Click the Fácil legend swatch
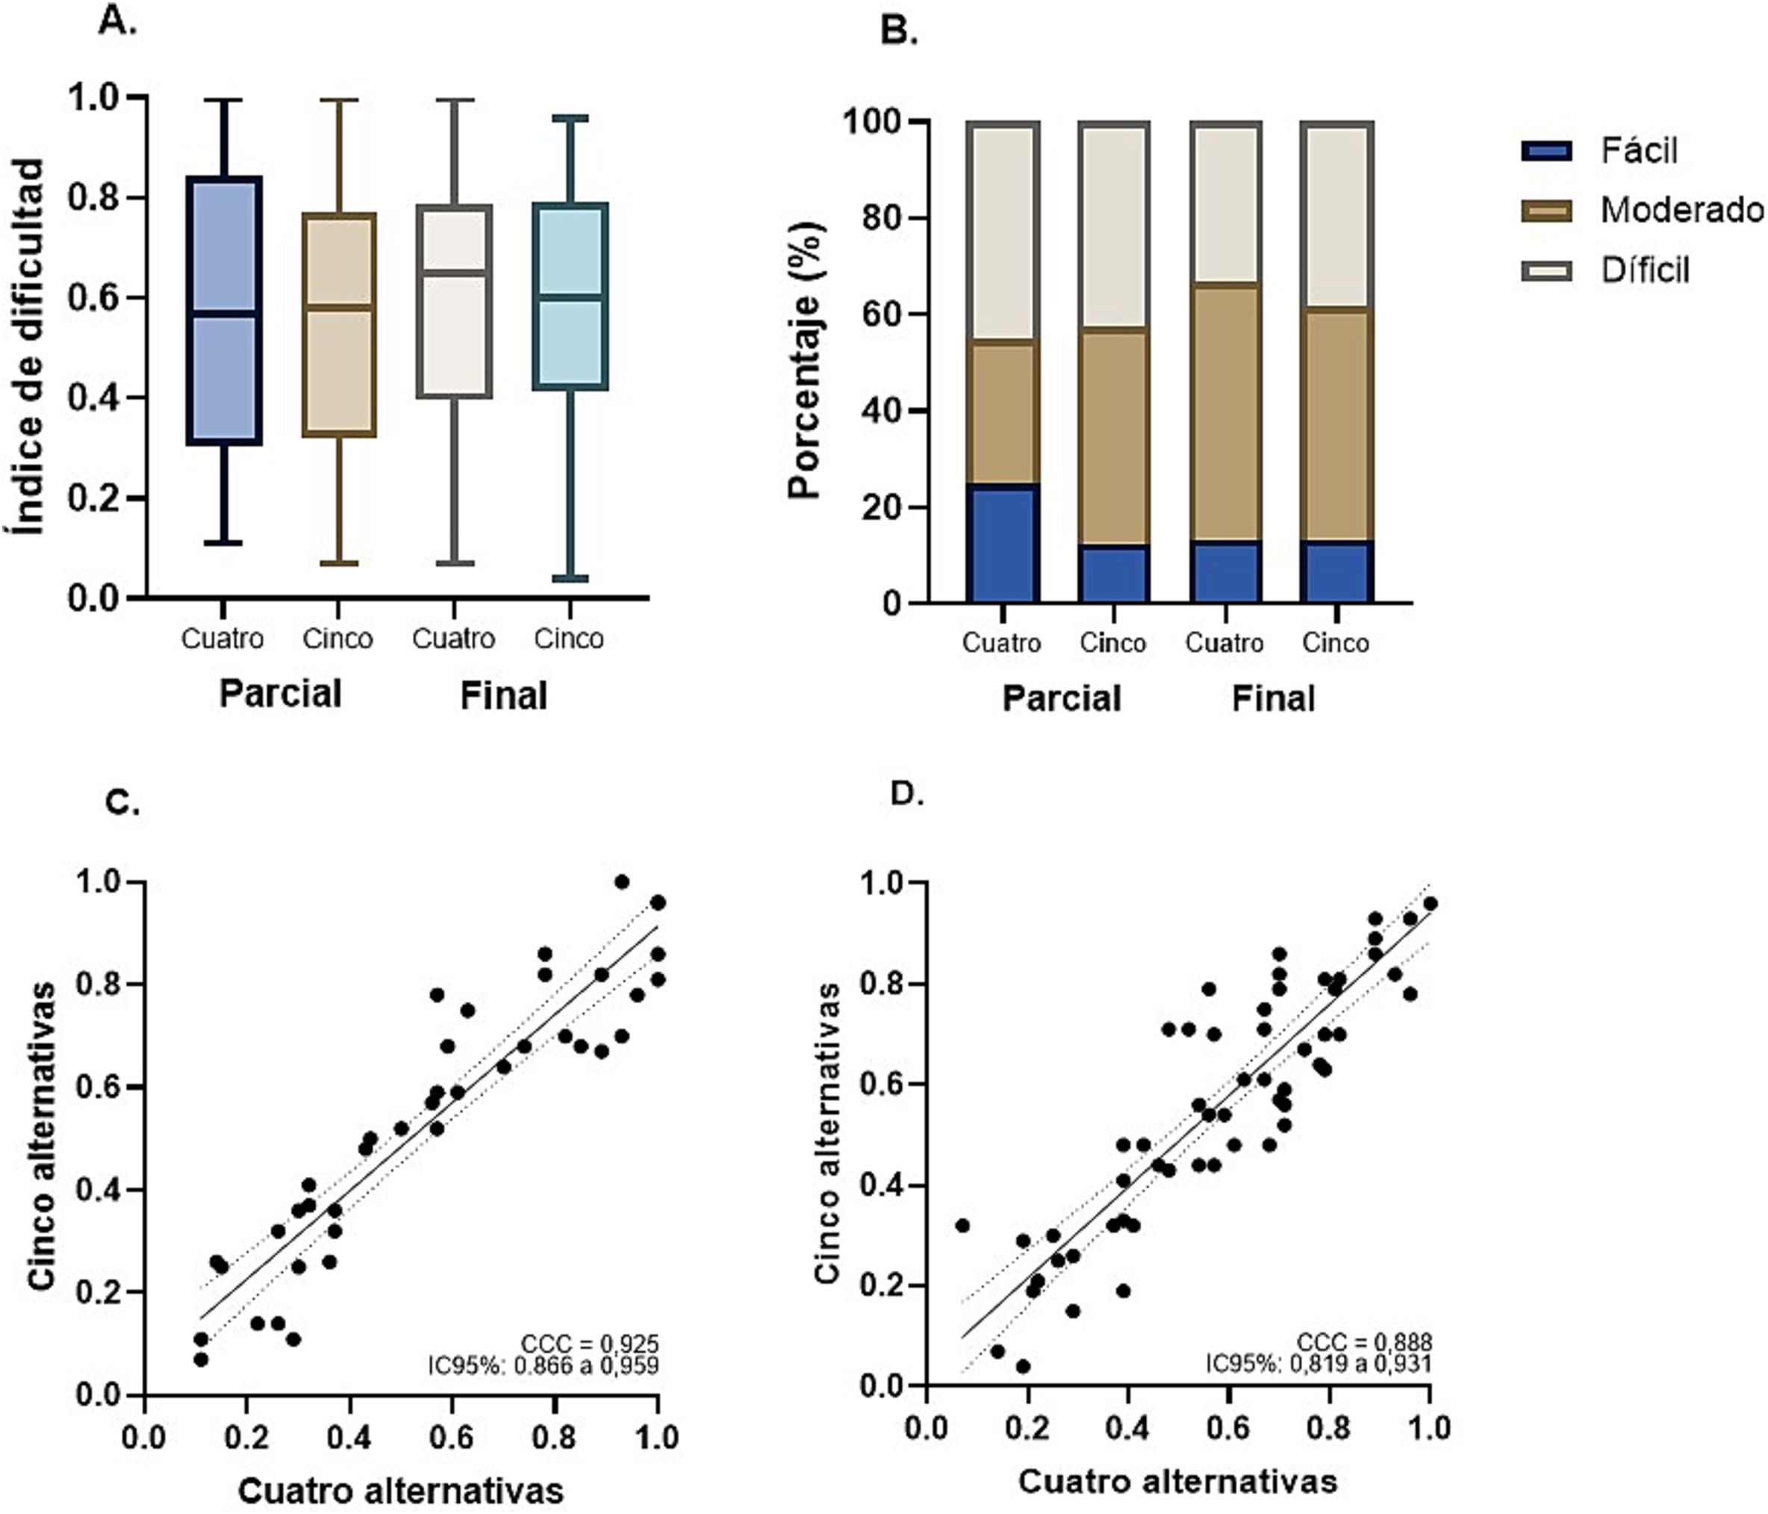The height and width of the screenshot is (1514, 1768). click(x=1546, y=151)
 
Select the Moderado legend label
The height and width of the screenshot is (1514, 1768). click(x=1680, y=210)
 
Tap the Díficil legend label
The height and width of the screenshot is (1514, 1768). click(x=1644, y=270)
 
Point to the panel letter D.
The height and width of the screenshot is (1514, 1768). click(x=907, y=794)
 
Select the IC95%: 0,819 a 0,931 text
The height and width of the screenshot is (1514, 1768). click(x=1319, y=1364)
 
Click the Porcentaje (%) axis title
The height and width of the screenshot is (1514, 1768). click(x=806, y=361)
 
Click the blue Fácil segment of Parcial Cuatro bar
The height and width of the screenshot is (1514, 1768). click(x=1003, y=544)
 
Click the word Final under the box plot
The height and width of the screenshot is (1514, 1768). click(x=503, y=695)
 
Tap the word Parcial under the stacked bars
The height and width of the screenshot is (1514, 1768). click(x=1062, y=698)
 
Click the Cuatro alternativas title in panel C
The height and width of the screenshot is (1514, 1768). click(x=400, y=1490)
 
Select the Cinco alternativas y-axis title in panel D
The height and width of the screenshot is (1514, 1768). click(x=826, y=1132)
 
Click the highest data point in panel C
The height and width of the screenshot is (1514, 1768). click(x=622, y=881)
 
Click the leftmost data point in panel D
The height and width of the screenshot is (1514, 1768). click(x=962, y=1226)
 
